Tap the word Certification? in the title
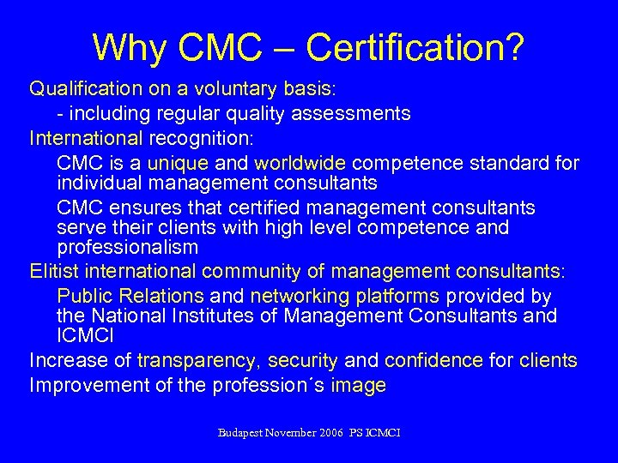coord(415,47)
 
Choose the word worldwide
coord(300,163)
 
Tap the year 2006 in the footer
coord(330,433)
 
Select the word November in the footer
coord(292,433)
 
